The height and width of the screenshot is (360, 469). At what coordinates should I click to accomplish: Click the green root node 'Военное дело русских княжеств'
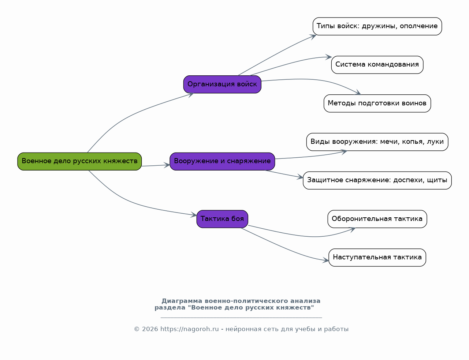79,161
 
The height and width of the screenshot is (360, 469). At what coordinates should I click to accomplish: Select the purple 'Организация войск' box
222,84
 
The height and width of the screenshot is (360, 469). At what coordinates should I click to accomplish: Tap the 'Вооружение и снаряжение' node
222,161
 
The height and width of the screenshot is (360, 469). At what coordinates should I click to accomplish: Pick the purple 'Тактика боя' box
222,219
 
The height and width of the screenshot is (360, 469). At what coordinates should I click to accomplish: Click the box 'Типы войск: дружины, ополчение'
377,26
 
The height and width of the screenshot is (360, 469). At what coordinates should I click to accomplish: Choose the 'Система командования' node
377,65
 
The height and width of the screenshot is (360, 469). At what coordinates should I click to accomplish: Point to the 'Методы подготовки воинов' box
377,103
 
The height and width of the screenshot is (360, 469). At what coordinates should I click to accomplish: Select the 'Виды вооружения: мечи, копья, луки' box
377,142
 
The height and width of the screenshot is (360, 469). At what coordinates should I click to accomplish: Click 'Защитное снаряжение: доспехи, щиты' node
377,180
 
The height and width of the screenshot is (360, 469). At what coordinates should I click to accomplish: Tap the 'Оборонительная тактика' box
377,219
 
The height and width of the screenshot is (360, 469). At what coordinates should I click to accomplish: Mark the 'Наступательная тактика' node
377,258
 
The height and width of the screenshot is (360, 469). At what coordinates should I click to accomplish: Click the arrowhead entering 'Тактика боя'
194,215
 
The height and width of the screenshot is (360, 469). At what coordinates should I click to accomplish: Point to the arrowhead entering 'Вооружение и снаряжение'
167,165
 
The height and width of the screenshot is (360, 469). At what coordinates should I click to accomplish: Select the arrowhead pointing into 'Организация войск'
191,95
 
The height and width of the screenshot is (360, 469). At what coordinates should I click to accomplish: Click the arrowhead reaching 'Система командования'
329,57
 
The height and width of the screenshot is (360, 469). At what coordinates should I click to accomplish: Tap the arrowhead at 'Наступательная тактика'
326,260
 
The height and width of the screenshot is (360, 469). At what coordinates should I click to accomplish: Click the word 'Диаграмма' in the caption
182,301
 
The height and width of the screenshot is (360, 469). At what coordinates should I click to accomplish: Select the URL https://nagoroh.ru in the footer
190,329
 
